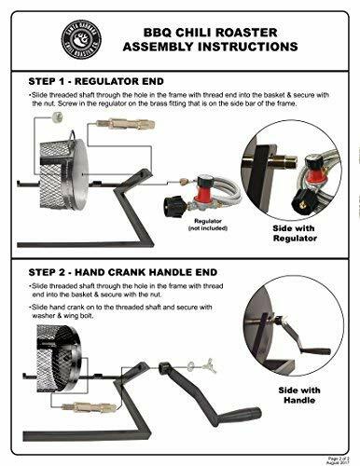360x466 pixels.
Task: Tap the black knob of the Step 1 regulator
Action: click(x=173, y=206)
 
